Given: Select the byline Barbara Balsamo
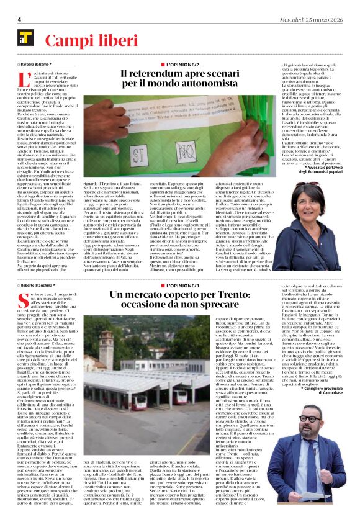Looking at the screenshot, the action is pos(37,63).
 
